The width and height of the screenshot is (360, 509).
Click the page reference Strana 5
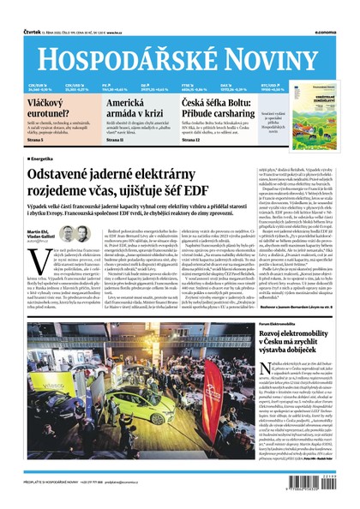click(x=37, y=140)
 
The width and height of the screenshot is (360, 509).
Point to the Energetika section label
click(x=45, y=159)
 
